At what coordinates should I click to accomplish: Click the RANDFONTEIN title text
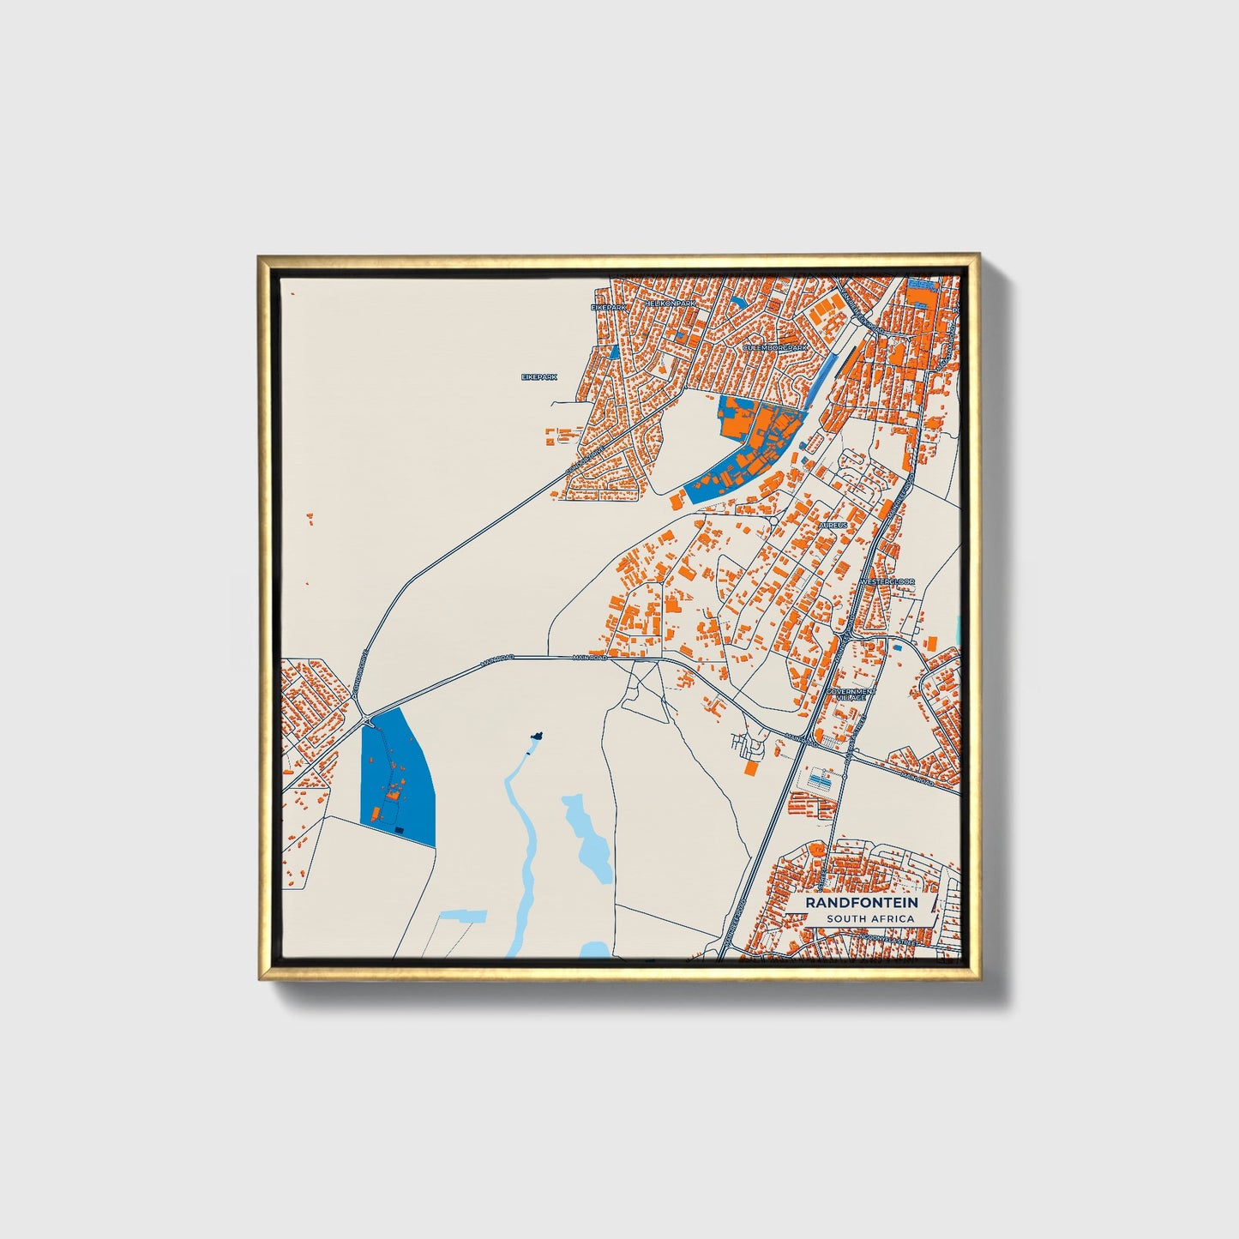(x=862, y=902)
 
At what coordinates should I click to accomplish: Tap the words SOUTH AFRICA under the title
(x=870, y=918)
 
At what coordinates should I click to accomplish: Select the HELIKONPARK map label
(x=672, y=304)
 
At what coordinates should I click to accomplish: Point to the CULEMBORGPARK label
(x=774, y=347)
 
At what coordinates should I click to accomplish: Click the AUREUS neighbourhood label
(x=833, y=524)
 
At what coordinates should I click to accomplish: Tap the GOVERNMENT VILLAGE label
(x=851, y=694)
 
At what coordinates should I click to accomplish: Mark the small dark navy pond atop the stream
(x=537, y=736)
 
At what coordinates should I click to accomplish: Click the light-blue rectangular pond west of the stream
(x=462, y=917)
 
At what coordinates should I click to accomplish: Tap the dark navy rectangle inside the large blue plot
(x=399, y=829)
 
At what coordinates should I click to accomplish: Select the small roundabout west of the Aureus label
(x=773, y=520)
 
